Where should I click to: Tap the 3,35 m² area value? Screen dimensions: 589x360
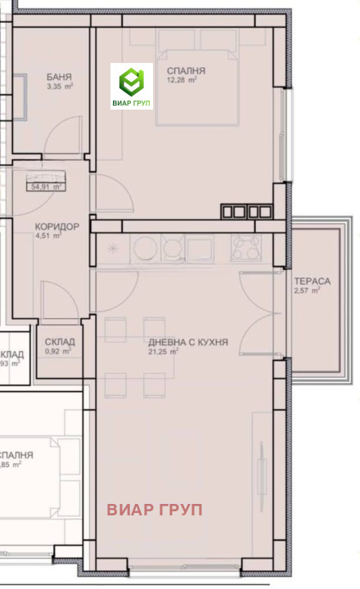click(x=60, y=86)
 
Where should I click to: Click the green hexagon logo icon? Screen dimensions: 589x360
click(x=132, y=82)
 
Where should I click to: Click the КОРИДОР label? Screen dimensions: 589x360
click(x=56, y=227)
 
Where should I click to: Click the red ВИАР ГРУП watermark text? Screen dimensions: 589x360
click(x=155, y=510)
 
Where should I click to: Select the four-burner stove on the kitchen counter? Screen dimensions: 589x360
click(x=245, y=247)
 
